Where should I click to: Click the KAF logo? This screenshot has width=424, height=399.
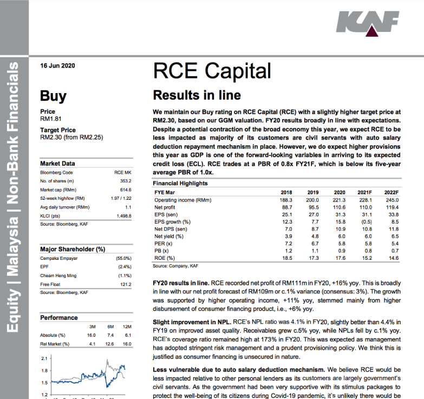(368, 25)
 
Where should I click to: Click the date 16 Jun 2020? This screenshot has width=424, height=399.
(57, 66)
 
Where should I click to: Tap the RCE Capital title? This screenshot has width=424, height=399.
(212, 71)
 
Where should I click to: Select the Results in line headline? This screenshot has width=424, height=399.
(197, 95)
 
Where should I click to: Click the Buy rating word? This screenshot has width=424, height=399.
(53, 96)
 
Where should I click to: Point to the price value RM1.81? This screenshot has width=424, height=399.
(51, 119)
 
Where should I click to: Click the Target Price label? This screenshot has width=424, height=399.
(58, 130)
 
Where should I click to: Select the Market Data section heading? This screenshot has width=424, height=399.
(58, 163)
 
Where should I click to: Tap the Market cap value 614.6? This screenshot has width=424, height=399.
(125, 189)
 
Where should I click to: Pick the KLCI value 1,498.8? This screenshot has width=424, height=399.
(124, 215)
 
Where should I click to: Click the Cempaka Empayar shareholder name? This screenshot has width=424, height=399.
(57, 259)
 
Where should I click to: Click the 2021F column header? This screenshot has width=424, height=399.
(363, 192)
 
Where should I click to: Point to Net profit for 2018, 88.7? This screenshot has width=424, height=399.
(286, 207)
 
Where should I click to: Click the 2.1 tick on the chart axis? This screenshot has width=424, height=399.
(44, 358)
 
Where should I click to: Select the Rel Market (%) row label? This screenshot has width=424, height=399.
(55, 344)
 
